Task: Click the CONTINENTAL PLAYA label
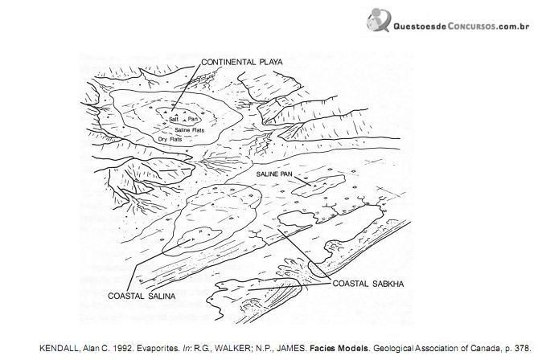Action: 242,62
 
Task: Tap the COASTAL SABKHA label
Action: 368,284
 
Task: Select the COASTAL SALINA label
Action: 142,296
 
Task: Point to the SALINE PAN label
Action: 274,174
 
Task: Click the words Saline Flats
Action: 190,130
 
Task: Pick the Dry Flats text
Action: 170,140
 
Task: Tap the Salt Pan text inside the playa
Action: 184,119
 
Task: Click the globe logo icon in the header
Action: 379,19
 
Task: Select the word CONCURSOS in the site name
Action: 471,27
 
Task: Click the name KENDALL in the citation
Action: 60,348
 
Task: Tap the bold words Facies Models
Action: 339,348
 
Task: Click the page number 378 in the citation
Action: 522,348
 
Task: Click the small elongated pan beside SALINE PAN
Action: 318,186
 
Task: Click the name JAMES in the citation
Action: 294,348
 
